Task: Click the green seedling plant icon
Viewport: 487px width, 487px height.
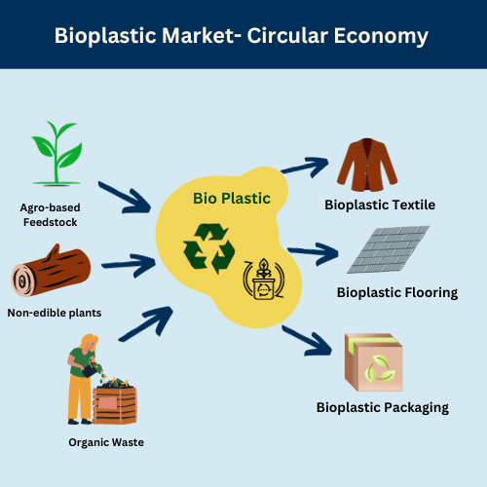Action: [56, 154]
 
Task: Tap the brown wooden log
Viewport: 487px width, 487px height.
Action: [51, 271]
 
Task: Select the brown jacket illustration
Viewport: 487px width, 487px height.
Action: [367, 165]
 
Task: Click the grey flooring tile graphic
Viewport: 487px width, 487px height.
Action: [389, 249]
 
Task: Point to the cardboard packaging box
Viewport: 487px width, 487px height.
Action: [374, 362]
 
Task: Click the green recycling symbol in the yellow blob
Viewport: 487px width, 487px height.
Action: [208, 248]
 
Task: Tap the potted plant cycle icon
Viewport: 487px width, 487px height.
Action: [264, 279]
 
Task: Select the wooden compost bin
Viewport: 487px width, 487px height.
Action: [115, 402]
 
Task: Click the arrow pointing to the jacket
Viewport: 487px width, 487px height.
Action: [305, 167]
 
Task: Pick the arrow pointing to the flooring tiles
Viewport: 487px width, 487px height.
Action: [313, 253]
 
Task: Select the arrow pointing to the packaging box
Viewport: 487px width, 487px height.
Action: [307, 341]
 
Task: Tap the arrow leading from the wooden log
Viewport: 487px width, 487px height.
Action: [129, 265]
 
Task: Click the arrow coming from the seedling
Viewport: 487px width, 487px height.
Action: [125, 198]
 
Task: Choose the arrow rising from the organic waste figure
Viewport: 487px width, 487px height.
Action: [146, 323]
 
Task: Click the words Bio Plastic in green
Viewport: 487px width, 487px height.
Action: [232, 199]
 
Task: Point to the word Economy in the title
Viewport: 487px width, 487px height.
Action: [381, 36]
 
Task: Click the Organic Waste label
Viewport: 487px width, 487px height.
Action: [106, 442]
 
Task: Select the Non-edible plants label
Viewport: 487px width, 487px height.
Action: [55, 313]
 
